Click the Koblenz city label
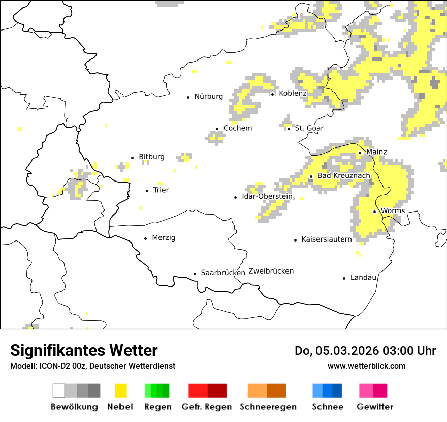pyautogui.click(x=293, y=94)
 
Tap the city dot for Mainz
pyautogui.click(x=360, y=153)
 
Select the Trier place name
pyautogui.click(x=161, y=190)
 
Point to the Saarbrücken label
pyautogui.click(x=223, y=273)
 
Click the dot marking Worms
pyautogui.click(x=374, y=212)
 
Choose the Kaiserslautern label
pyautogui.click(x=326, y=239)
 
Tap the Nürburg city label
pyautogui.click(x=208, y=96)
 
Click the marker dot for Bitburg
pyautogui.click(x=133, y=158)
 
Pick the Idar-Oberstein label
pyautogui.click(x=267, y=196)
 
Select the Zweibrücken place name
pyautogui.click(x=271, y=271)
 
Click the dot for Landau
pyautogui.click(x=344, y=278)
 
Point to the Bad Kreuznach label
pyautogui.click(x=344, y=176)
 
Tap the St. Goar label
pyautogui.click(x=309, y=128)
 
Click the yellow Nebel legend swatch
pyautogui.click(x=121, y=390)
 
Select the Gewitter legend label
pyautogui.click(x=374, y=407)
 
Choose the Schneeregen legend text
pyautogui.click(x=268, y=407)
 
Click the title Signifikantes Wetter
pyautogui.click(x=84, y=351)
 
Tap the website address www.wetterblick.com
pyautogui.click(x=366, y=366)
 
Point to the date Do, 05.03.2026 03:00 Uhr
pyautogui.click(x=365, y=351)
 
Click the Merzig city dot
pyautogui.click(x=146, y=238)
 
